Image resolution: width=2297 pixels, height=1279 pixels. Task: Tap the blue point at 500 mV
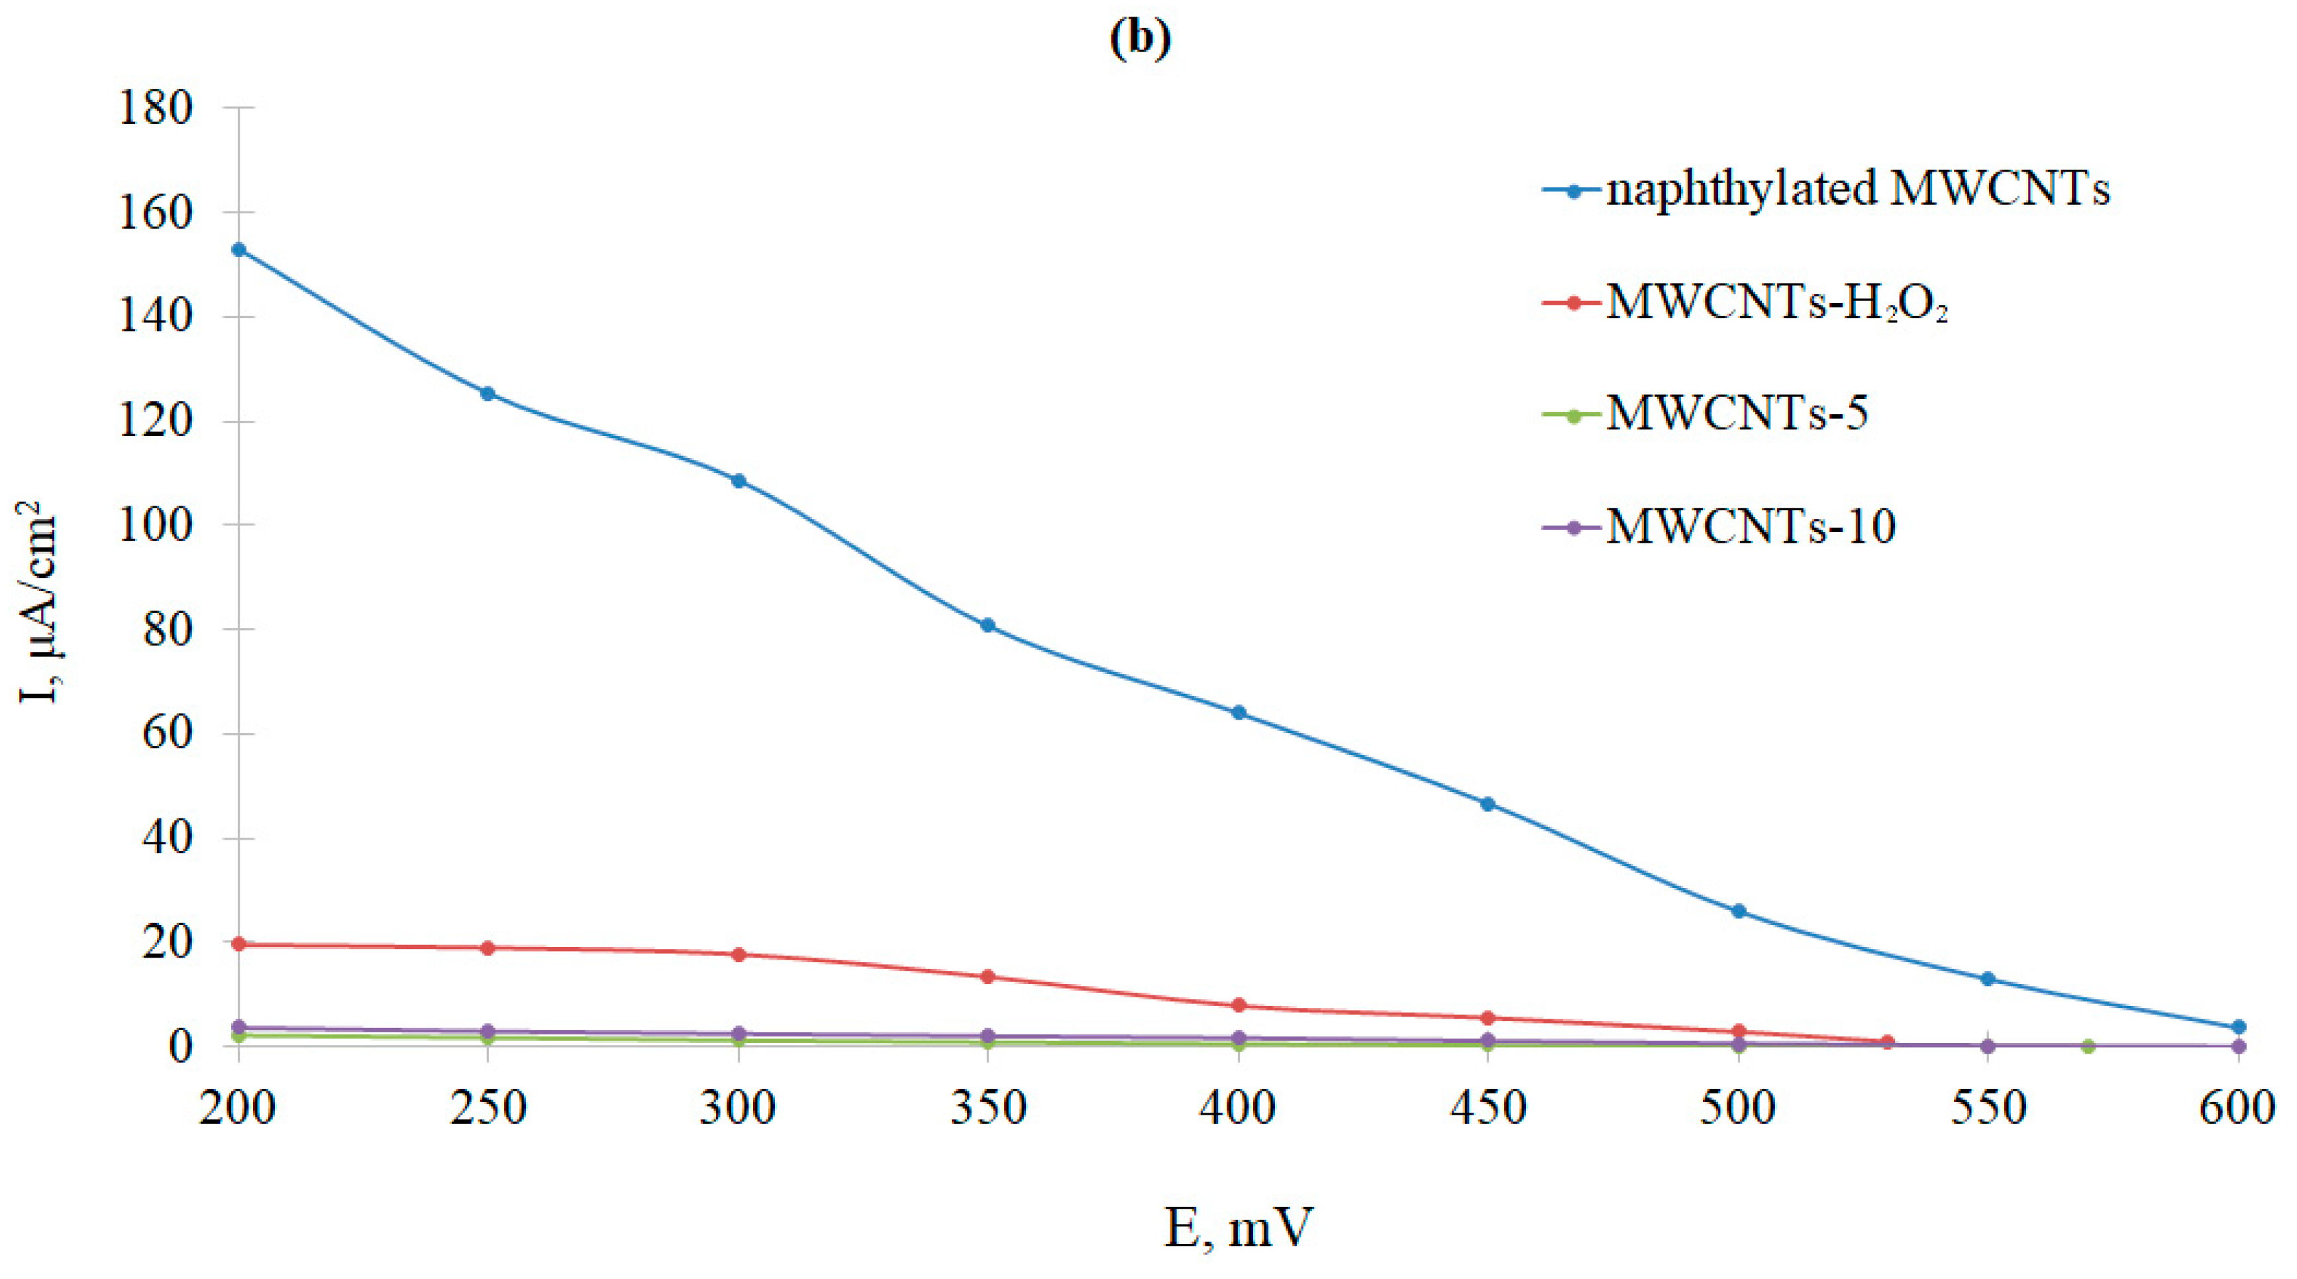[1738, 911]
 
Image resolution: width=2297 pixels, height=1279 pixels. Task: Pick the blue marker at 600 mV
[2238, 1027]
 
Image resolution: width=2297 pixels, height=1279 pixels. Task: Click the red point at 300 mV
[739, 954]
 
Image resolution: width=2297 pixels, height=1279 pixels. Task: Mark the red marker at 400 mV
[1239, 1005]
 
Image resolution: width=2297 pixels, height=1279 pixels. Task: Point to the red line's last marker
[1888, 1042]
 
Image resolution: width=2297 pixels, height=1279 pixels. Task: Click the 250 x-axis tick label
[487, 1109]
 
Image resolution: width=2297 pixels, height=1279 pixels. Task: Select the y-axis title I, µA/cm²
[38, 602]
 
